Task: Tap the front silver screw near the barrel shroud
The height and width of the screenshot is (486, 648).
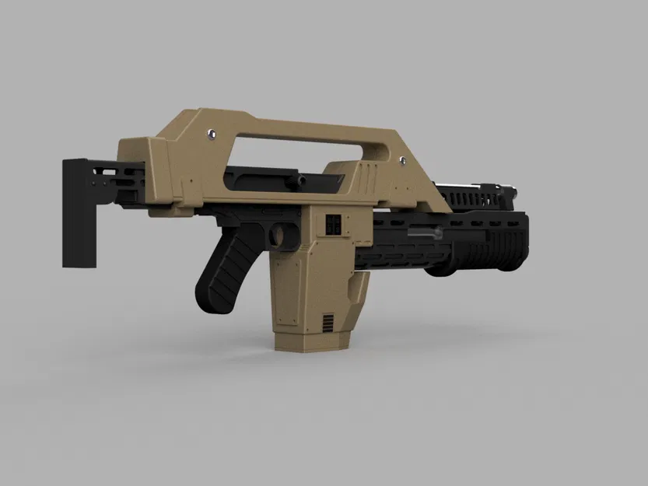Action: [404, 160]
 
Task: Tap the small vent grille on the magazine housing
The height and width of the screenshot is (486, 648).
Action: [330, 321]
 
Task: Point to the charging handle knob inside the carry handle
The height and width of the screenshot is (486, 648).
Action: [297, 180]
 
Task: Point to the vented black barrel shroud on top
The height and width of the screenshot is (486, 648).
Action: [467, 196]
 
